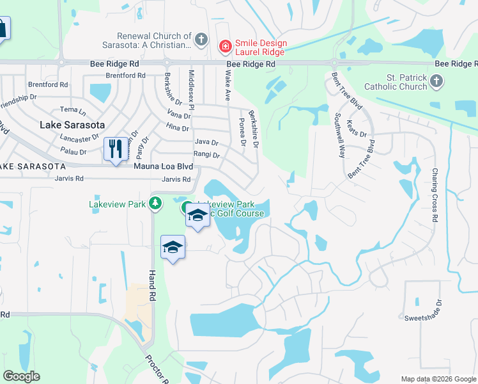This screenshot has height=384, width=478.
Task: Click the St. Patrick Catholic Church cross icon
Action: click(436, 81)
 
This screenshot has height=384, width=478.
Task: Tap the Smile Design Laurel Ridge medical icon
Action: click(224, 46)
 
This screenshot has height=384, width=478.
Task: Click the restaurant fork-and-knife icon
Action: click(116, 149)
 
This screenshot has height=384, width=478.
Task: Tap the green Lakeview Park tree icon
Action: click(155, 204)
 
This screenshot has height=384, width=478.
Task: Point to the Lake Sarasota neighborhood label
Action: click(72, 125)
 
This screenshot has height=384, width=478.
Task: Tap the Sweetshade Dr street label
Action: click(422, 317)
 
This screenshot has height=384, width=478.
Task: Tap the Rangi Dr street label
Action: click(206, 155)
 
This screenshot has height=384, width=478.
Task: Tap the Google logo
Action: click(21, 376)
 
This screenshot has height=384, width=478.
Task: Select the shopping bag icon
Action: click(2, 28)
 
